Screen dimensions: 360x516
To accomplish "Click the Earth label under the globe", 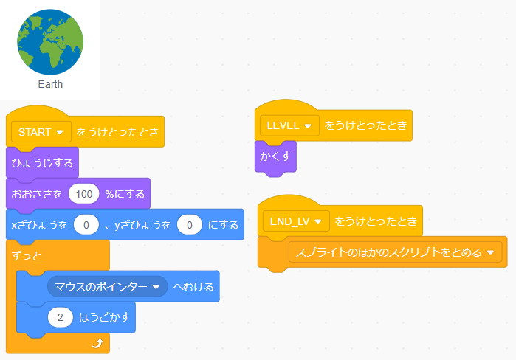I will pos(50,84).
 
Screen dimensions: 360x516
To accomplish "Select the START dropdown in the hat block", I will pos(41,132).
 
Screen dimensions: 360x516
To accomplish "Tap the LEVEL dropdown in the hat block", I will pos(289,125).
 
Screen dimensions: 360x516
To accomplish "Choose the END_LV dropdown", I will pos(295,221).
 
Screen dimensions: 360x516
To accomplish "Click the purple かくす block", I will pos(275,156).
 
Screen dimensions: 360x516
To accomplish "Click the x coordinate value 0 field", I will pos(86,225).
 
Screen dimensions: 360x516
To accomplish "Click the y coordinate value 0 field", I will pos(189,225).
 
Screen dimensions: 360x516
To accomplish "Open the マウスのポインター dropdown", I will pos(108,286).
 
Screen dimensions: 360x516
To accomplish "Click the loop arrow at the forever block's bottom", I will pos(97,343).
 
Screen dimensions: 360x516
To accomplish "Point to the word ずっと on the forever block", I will pos(28,255).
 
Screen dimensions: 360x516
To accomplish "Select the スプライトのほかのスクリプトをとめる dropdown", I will pos(395,252).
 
